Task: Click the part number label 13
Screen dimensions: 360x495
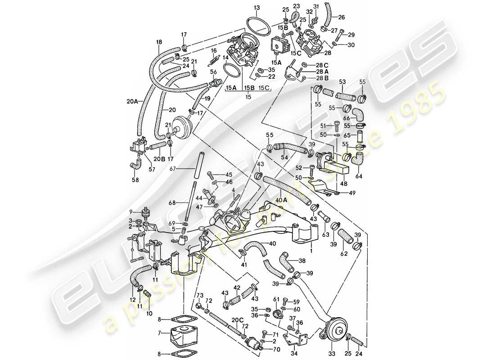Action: pos(256,8)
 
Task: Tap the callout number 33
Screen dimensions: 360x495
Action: pos(333,354)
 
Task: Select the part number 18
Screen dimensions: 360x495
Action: pos(158,42)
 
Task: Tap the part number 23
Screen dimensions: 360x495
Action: pos(296,6)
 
